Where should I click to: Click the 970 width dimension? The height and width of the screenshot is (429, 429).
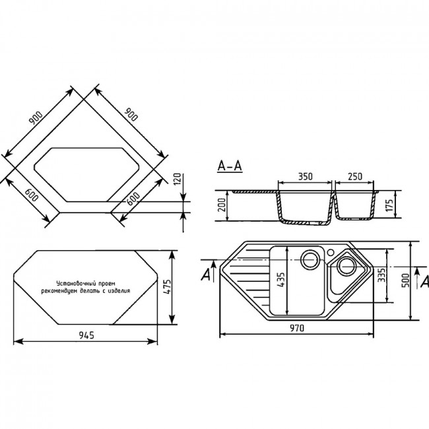297,328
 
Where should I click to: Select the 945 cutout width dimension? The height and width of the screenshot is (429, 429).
86,335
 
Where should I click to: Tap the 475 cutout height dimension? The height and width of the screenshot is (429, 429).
167,287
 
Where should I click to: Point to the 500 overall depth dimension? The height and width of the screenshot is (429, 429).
406,280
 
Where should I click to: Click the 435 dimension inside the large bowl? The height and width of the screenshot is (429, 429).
281,280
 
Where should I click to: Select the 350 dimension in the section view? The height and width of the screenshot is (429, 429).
305,176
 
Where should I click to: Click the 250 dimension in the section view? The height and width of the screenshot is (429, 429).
355,176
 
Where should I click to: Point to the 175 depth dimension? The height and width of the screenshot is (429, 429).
389,205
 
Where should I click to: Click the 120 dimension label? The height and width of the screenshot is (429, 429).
178,180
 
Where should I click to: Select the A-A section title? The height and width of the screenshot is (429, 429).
230,166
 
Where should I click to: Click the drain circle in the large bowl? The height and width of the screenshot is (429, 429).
310,259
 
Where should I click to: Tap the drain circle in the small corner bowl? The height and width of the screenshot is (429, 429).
346,266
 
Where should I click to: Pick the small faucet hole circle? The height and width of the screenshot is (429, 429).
331,251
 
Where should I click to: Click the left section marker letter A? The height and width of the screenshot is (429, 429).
205,275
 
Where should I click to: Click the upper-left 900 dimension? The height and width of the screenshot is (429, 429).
36,118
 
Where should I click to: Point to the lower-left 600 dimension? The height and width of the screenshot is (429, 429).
31,195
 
